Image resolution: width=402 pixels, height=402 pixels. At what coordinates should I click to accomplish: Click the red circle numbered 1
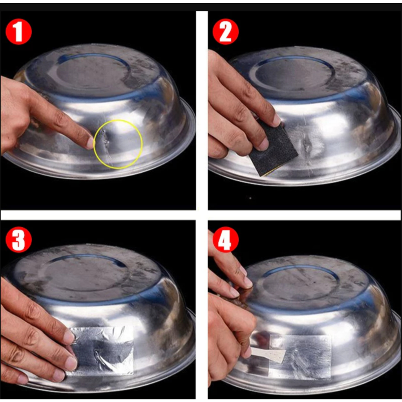pyautogui.click(x=18, y=32)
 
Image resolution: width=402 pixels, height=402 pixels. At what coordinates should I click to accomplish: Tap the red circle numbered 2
pyautogui.click(x=226, y=32)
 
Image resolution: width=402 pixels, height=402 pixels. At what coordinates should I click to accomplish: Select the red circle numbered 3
pyautogui.click(x=18, y=239)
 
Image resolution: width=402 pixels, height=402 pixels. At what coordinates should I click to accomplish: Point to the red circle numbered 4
pyautogui.click(x=226, y=239)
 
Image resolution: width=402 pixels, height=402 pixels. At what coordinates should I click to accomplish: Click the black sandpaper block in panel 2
pyautogui.click(x=273, y=149)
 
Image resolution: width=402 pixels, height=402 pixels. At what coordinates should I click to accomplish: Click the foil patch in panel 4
pyautogui.click(x=300, y=357)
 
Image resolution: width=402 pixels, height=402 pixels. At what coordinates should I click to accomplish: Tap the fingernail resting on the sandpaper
pyautogui.click(x=277, y=120)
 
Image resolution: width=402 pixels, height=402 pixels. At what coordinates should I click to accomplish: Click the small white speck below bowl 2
pyautogui.click(x=250, y=198)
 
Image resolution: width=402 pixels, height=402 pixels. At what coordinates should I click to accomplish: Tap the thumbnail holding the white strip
pyautogui.click(x=248, y=352)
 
